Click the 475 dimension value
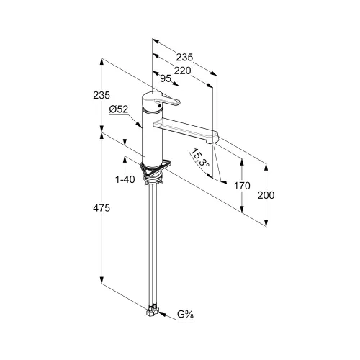tap(102, 208)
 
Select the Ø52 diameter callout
tap(119, 109)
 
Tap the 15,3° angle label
tap(200, 158)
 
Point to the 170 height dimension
tap(242, 186)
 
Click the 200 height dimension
tap(266, 195)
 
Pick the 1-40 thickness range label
tap(125, 179)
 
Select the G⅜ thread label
tap(185, 314)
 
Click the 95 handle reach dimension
tap(166, 78)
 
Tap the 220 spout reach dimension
tap(183, 71)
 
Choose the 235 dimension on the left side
tap(102, 95)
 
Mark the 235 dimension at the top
tap(184, 57)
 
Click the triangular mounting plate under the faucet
tap(156, 168)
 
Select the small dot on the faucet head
tap(159, 106)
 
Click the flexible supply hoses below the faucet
tap(153, 245)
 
